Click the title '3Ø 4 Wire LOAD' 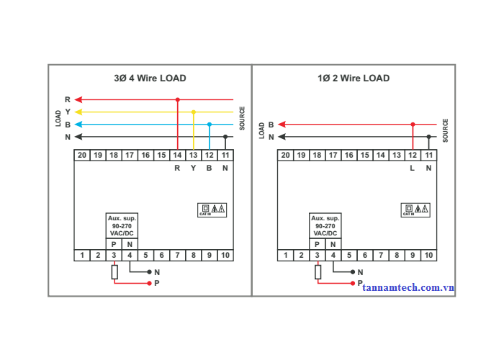tap(150, 78)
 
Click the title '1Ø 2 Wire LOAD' tap(354, 78)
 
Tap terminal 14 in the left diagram tap(177, 155)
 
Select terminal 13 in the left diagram tap(193, 155)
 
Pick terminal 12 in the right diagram tap(413, 155)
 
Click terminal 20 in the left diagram tap(82, 155)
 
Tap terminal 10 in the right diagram tap(428, 255)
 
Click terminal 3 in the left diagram tap(114, 255)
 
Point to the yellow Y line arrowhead tap(78, 112)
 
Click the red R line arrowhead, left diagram tap(78, 99)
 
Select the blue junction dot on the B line tap(210, 125)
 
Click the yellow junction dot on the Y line tap(194, 112)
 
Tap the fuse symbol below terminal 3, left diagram tap(114, 271)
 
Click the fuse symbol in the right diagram tap(318, 271)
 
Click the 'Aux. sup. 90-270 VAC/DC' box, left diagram tap(122, 225)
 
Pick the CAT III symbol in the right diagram tap(415, 210)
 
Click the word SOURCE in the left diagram tap(243, 119)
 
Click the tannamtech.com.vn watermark tap(408, 287)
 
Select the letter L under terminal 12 tap(413, 168)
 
